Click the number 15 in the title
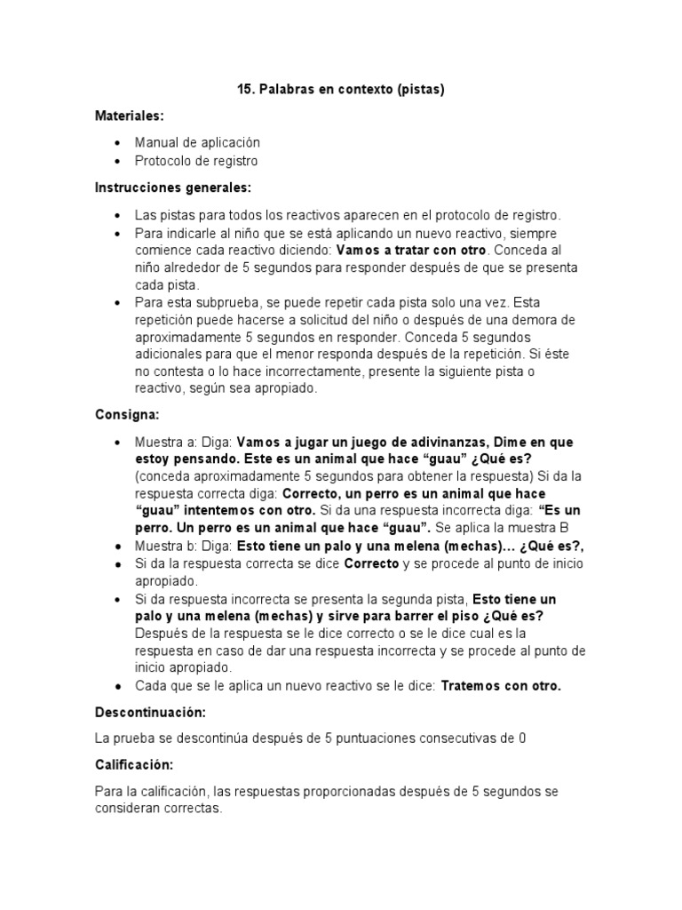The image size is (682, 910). pyautogui.click(x=245, y=90)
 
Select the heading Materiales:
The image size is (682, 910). pyautogui.click(x=130, y=116)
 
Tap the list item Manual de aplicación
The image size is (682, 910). pyautogui.click(x=197, y=142)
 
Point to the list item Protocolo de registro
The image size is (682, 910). pyautogui.click(x=196, y=161)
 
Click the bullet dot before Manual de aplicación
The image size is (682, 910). pyautogui.click(x=118, y=143)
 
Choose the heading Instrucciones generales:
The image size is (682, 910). pyautogui.click(x=173, y=188)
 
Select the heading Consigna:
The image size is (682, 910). pyautogui.click(x=127, y=415)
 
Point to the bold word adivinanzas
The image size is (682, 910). pyautogui.click(x=448, y=442)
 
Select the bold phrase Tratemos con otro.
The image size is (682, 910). pyautogui.click(x=501, y=686)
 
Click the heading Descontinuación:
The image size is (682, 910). pyautogui.click(x=150, y=713)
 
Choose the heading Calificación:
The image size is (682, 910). pyautogui.click(x=134, y=764)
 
